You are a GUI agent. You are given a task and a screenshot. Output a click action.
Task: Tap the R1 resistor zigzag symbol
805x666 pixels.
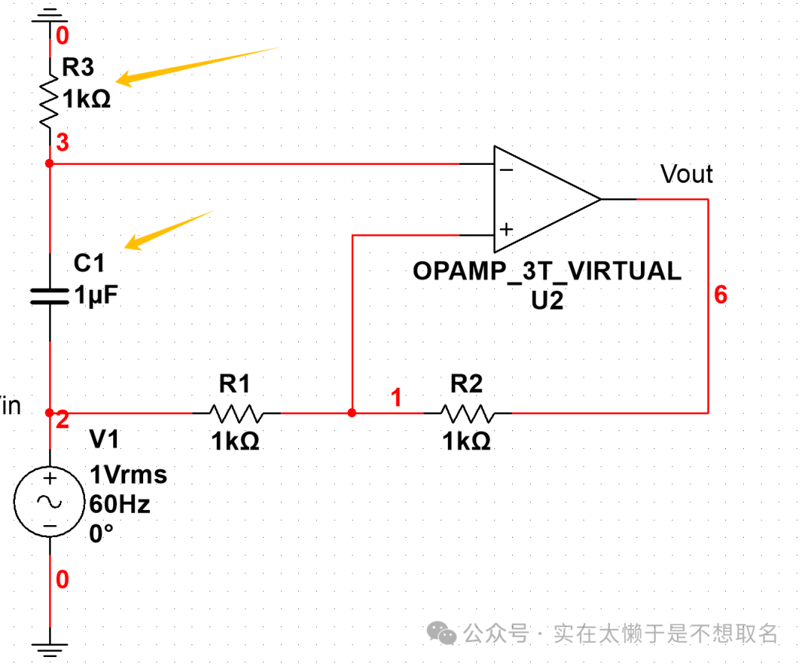236,412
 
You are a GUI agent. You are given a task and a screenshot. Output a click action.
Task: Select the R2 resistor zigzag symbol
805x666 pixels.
467,412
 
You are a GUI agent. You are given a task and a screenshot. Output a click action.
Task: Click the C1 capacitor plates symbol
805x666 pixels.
48,296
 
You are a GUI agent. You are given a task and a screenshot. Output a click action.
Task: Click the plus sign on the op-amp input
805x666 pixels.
506,229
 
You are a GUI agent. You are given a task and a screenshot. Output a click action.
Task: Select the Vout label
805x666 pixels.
686,175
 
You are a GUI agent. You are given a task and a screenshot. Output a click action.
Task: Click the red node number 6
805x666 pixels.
720,295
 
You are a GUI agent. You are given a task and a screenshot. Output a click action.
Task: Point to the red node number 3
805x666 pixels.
63,142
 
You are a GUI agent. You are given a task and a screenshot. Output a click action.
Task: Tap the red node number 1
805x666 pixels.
397,398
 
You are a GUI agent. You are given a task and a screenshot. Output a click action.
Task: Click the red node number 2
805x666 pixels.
63,419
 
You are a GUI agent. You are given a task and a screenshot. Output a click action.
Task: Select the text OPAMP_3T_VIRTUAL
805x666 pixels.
547,271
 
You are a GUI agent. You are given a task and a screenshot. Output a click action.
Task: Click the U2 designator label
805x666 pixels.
547,301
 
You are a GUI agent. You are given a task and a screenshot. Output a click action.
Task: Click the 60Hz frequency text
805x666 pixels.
119,505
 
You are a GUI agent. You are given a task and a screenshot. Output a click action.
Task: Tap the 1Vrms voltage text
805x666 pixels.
128,474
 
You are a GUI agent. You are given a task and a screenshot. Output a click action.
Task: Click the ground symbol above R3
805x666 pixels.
49,13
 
